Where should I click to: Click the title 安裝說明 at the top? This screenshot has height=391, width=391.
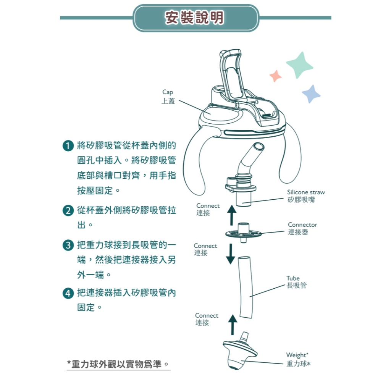coord(194,18)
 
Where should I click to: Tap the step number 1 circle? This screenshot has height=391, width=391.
coord(68,145)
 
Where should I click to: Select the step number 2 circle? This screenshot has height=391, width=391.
coord(68,210)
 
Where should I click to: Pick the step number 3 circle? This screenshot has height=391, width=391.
coord(68,245)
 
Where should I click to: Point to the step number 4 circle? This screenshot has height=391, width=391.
coord(68,293)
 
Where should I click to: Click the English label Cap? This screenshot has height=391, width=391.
coord(168,92)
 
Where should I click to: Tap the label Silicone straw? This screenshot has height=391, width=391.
coord(306,192)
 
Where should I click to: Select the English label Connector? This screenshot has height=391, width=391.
coord(302,225)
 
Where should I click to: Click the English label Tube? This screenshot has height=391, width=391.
coord(293,278)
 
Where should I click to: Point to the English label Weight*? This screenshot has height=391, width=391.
coord(297,355)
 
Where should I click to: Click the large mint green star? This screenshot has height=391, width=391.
coord(299,65)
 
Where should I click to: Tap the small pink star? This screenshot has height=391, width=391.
coord(276,76)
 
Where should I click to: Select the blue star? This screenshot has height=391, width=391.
coord(311,94)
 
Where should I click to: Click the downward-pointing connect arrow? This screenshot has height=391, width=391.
coord(231,254)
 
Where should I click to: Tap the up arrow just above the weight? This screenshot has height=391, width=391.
coord(233,325)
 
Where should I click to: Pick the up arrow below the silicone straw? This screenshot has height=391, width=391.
coord(232,215)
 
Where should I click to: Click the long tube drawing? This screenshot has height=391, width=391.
coord(246,287)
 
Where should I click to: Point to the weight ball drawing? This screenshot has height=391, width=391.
coord(239,352)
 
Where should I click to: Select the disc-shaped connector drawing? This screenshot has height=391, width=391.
coord(243,233)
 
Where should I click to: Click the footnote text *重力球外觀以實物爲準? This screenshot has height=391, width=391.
coord(118,364)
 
